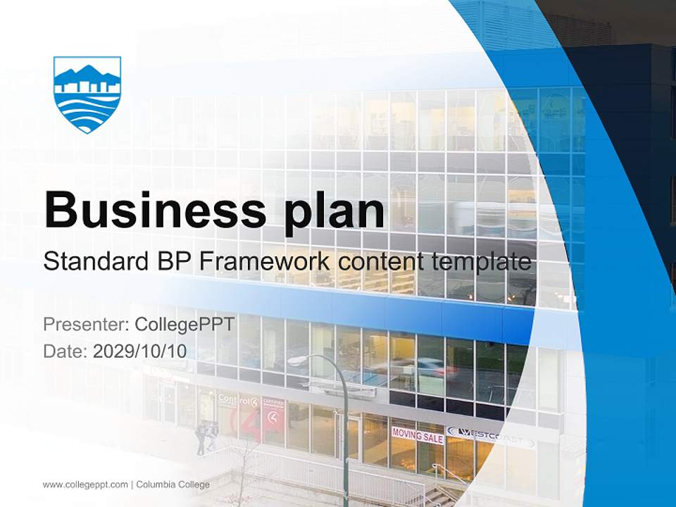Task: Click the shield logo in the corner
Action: pos(87,94)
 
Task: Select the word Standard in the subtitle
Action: pos(93,263)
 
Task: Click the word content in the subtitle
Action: pos(382,263)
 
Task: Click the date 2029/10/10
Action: pos(140,351)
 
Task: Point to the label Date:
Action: pos(65,351)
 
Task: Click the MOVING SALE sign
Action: pos(418,436)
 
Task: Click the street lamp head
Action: pos(296,361)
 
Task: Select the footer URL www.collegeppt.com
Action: pos(85,484)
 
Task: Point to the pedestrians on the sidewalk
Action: pos(206,437)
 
